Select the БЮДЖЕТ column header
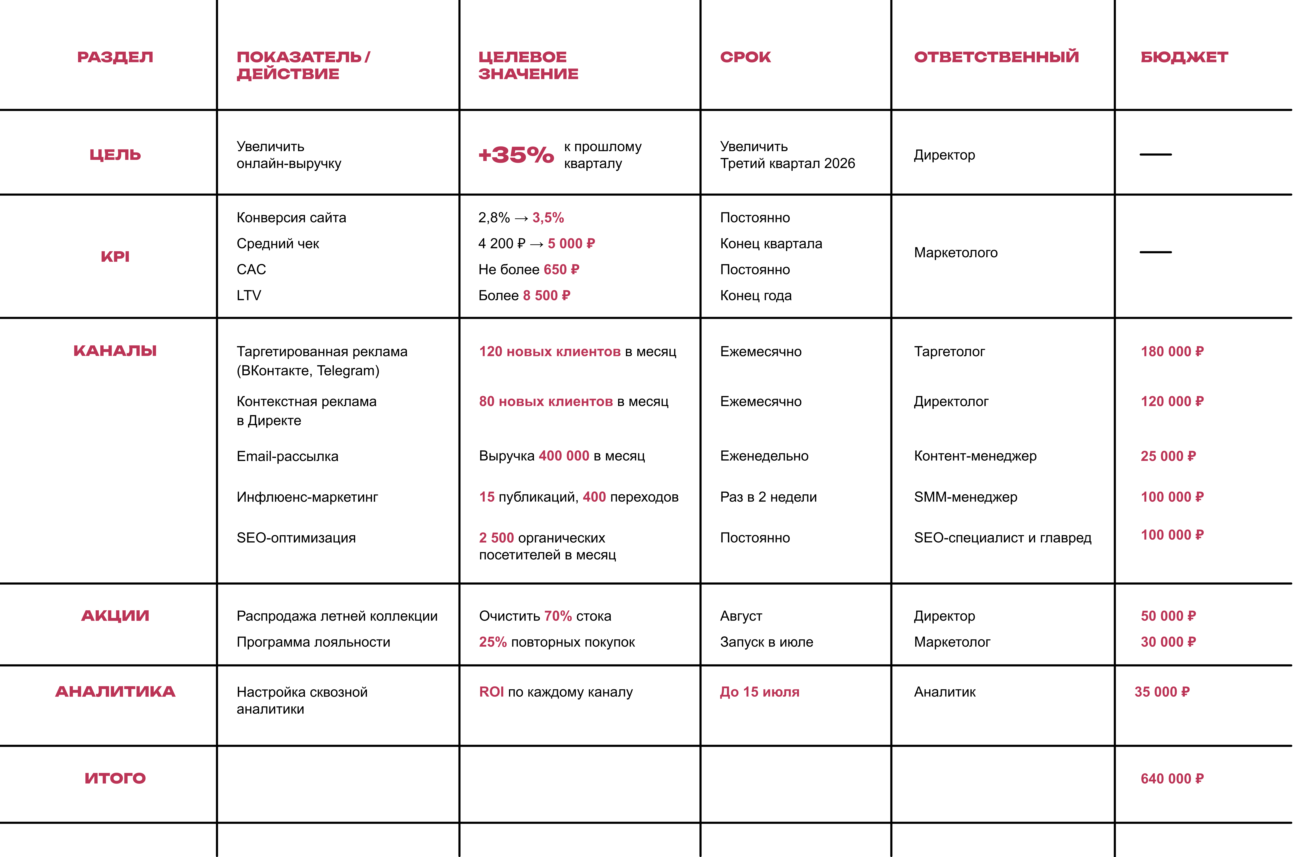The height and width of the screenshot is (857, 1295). (x=1184, y=57)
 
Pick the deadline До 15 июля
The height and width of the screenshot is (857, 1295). (x=759, y=692)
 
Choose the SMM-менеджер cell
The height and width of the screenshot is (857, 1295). (x=965, y=497)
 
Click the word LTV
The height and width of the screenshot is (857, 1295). (x=249, y=296)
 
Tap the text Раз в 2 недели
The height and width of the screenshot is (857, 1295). (x=768, y=497)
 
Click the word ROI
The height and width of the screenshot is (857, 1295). (x=491, y=692)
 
